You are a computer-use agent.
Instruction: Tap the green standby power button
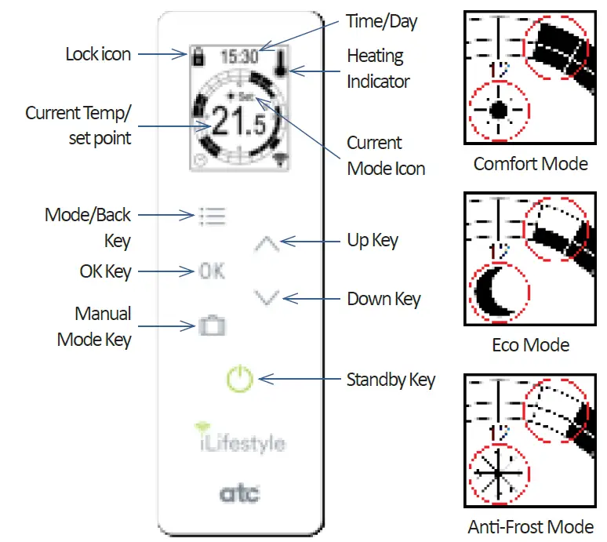[241, 380]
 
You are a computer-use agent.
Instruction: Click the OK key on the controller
[212, 271]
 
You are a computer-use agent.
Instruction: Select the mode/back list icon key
[212, 216]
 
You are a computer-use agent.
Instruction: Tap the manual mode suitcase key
[212, 326]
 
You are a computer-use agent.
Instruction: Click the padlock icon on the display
[198, 56]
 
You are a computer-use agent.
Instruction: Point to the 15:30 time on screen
[238, 56]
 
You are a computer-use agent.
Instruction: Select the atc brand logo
[239, 493]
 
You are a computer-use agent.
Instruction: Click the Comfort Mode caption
[530, 164]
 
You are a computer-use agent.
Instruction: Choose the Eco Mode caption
[531, 345]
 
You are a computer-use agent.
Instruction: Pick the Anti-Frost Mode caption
[530, 526]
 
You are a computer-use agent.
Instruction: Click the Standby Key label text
[391, 380]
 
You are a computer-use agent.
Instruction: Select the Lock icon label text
[98, 54]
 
